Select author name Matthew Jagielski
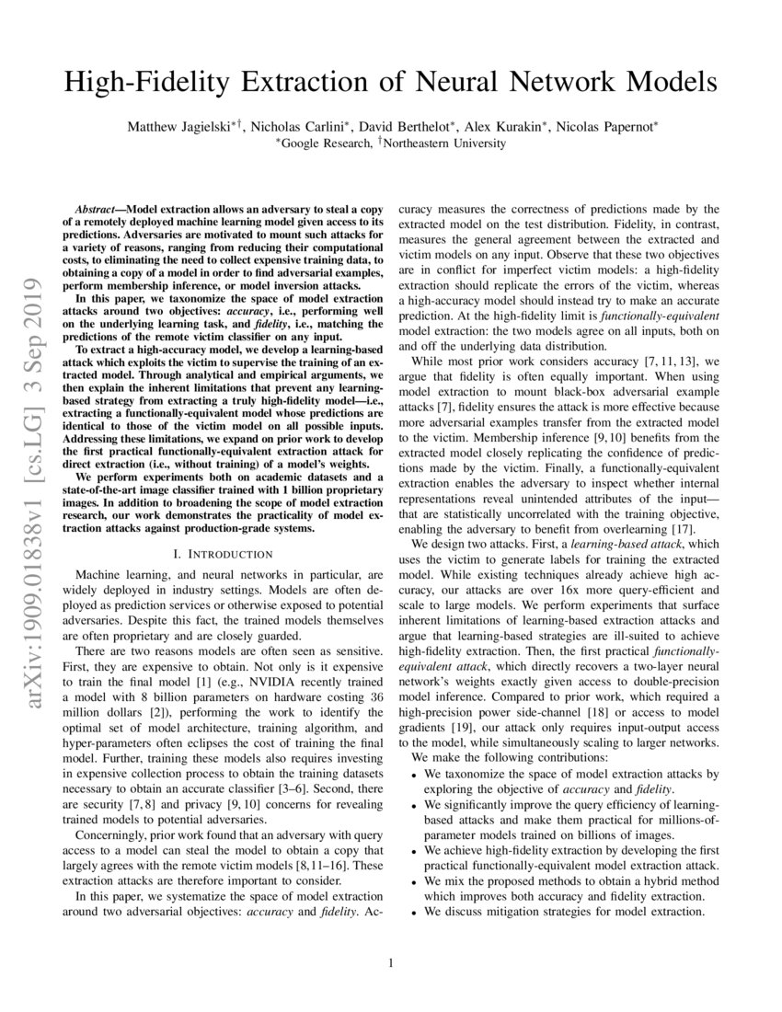[179, 127]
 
